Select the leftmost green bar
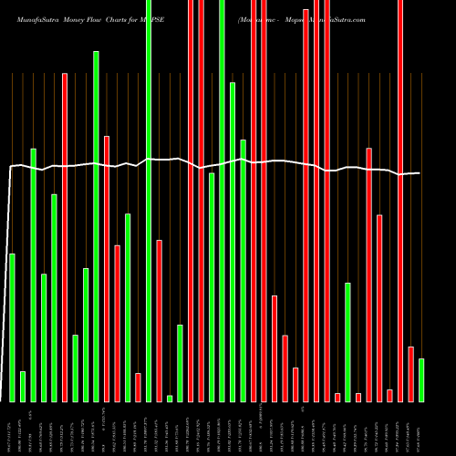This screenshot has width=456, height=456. click(x=12, y=327)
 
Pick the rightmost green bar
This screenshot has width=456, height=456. click(x=421, y=379)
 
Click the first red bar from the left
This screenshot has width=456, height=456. click(x=65, y=237)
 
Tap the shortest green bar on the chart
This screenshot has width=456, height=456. click(x=170, y=398)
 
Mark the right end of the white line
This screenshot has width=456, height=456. click(x=420, y=173)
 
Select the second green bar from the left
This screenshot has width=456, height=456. click(x=23, y=386)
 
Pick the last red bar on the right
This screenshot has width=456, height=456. click(x=410, y=374)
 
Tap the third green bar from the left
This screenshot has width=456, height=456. click(x=33, y=275)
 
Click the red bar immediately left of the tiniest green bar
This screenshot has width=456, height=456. click(x=160, y=320)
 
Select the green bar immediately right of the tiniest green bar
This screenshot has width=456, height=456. click(x=181, y=363)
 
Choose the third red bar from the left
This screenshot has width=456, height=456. click(x=118, y=324)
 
